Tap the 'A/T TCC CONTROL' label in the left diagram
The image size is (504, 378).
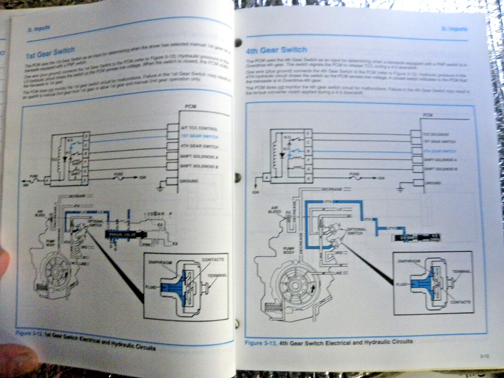tap(198, 128)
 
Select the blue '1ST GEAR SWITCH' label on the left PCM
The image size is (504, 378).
tap(198, 136)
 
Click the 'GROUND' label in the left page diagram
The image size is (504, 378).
tap(189, 181)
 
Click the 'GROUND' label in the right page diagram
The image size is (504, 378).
tap(434, 183)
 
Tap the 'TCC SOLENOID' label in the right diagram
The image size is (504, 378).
tap(437, 134)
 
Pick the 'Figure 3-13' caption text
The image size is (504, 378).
tap(261, 342)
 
